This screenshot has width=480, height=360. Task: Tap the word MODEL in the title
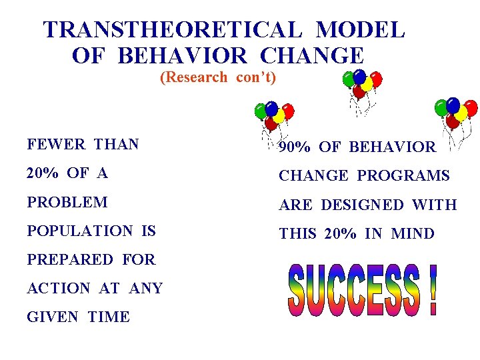360,30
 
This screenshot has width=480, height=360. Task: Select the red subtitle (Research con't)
218,77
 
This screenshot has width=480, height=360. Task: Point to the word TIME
109,317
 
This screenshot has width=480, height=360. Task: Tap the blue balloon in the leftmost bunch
271,108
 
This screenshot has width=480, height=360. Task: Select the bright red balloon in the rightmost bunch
471,108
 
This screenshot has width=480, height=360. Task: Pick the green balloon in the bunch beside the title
348,79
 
